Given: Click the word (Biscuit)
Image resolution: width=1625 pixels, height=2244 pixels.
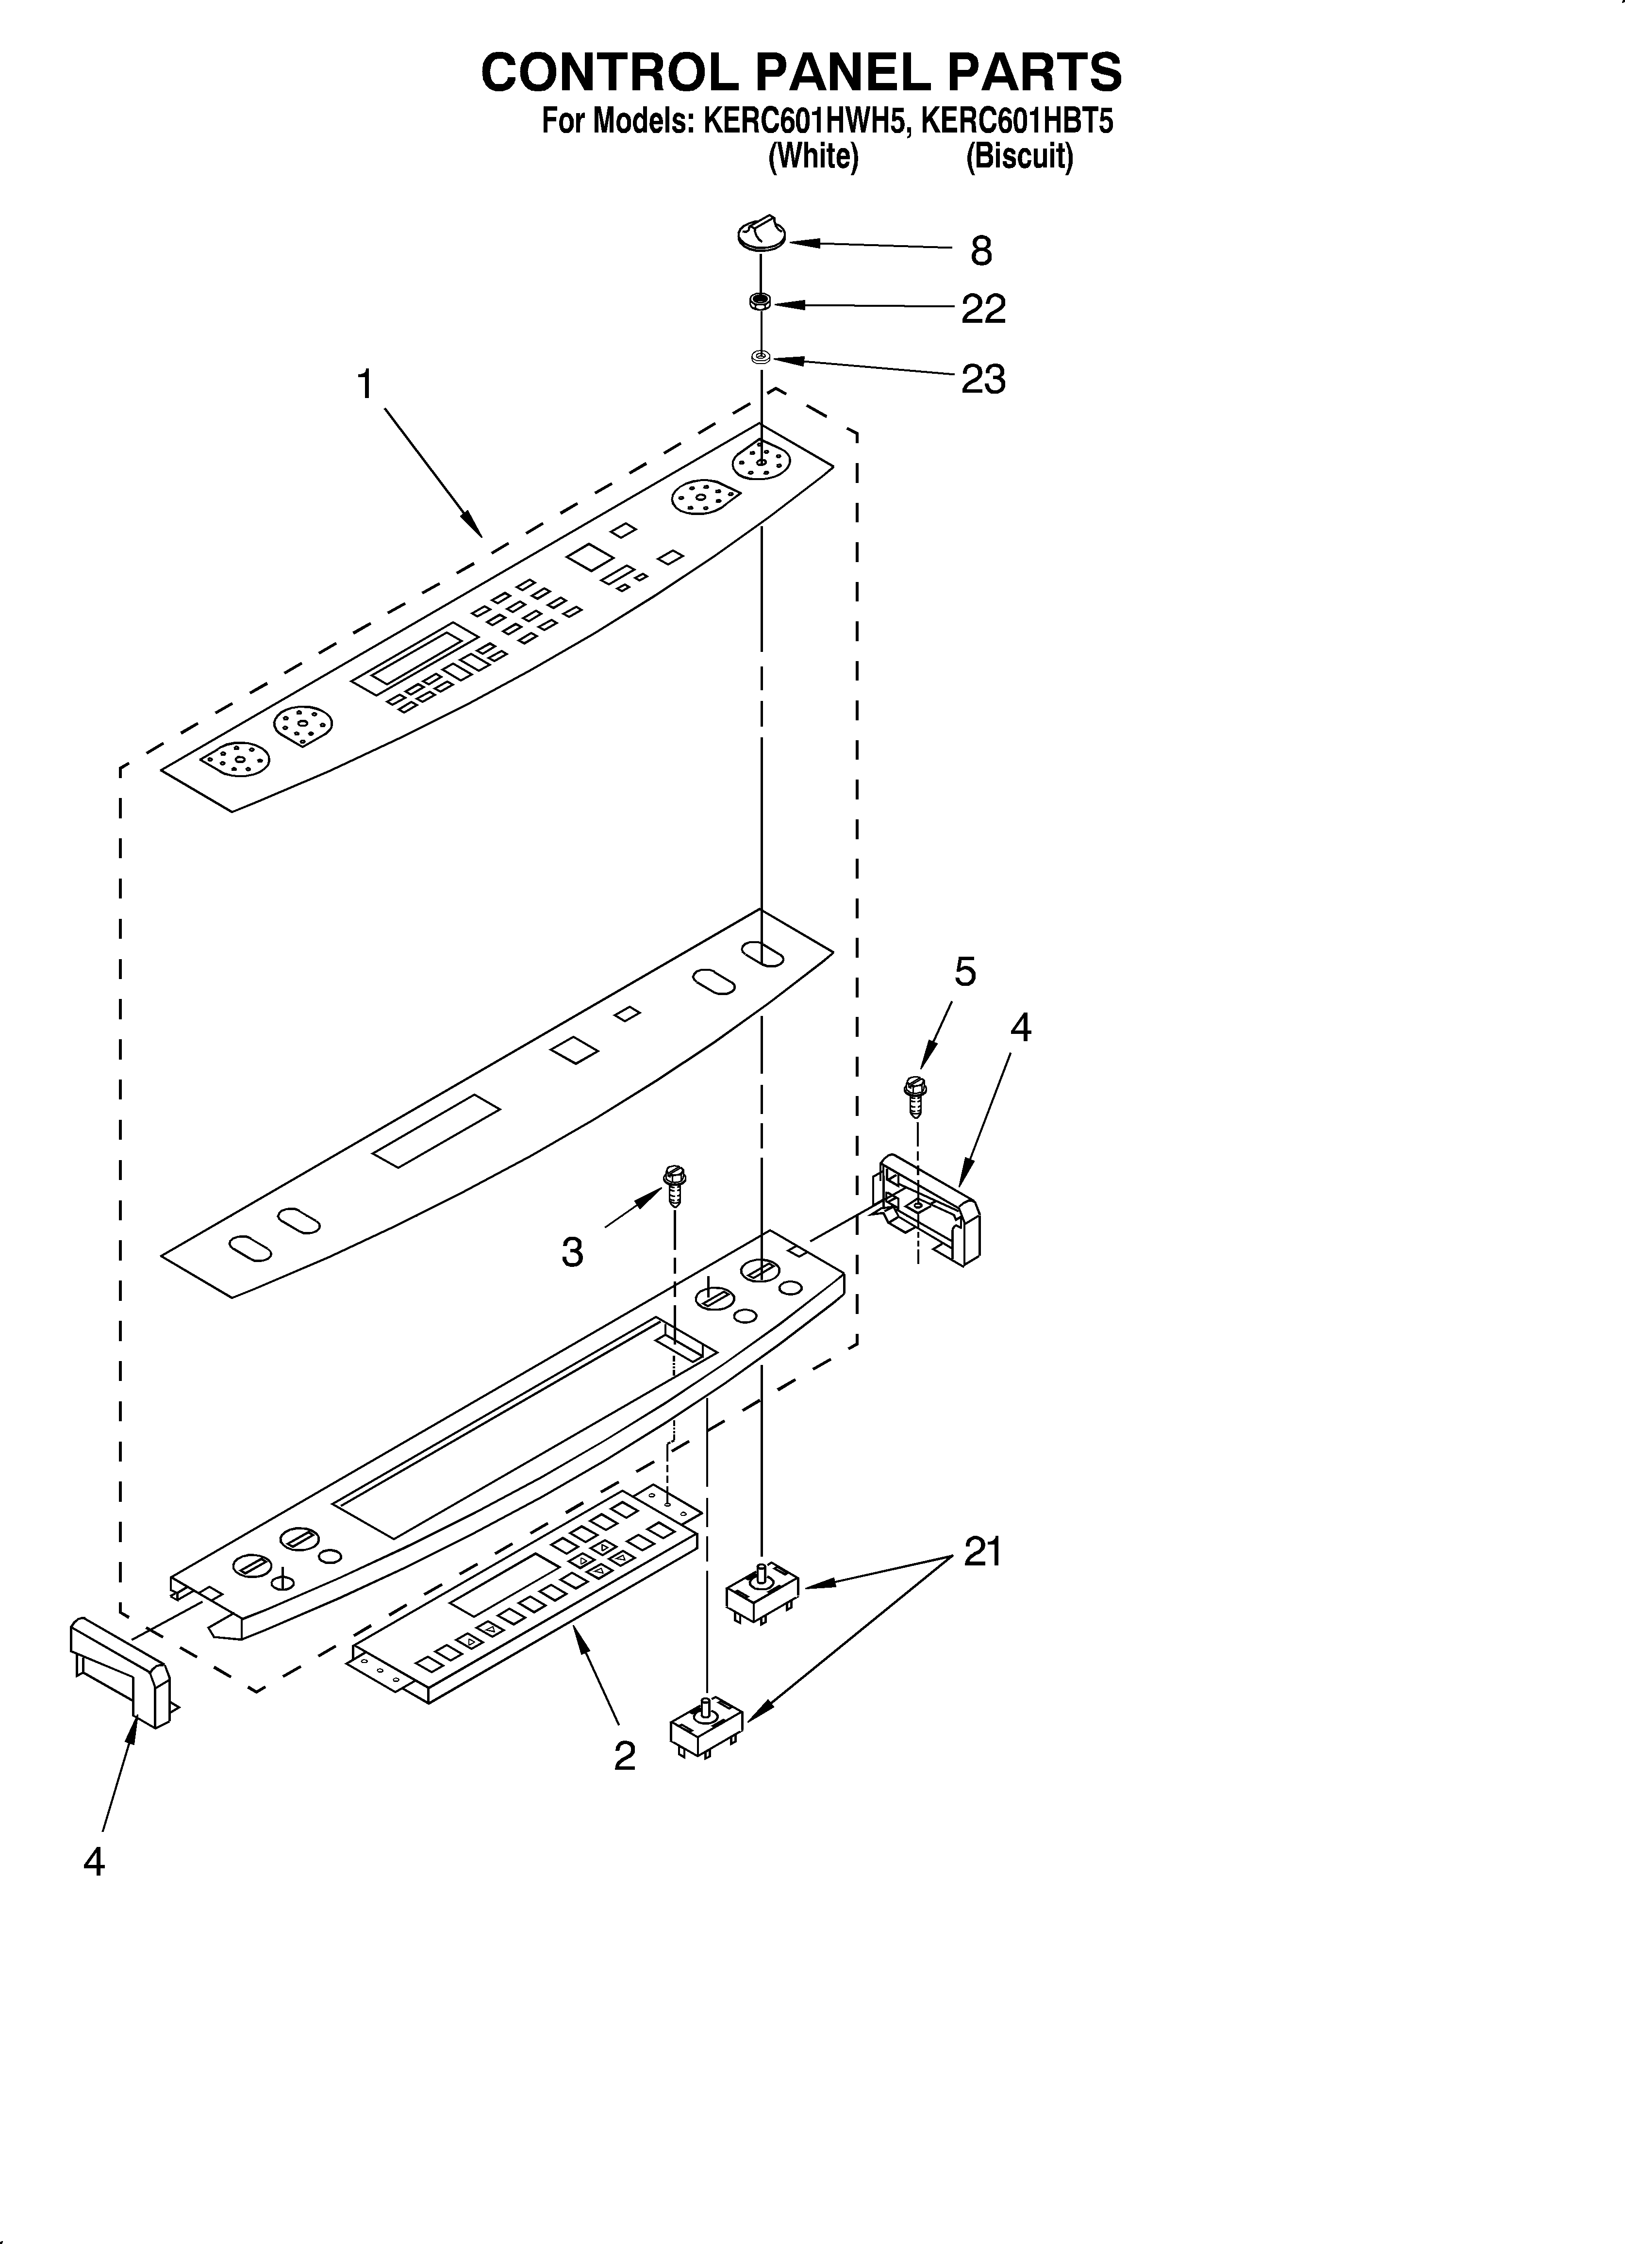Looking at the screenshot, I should click(x=1019, y=156).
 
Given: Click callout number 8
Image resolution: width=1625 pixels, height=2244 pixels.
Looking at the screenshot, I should click(x=981, y=251).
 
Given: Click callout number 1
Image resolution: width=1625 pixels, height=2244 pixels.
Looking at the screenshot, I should click(x=365, y=384).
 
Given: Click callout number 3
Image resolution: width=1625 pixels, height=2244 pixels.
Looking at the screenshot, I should click(x=572, y=1252).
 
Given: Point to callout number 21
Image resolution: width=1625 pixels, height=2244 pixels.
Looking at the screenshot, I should click(x=983, y=1551).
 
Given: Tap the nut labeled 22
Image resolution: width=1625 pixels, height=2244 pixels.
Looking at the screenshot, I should click(x=760, y=302).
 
